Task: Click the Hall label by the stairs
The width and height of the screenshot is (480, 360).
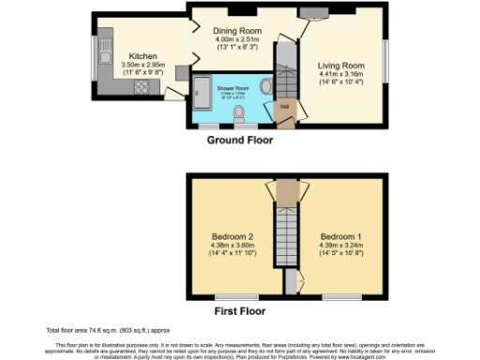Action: pyautogui.click(x=283, y=106)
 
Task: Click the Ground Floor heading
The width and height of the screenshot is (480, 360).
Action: pyautogui.click(x=240, y=140)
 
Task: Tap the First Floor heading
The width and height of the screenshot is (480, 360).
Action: pyautogui.click(x=239, y=311)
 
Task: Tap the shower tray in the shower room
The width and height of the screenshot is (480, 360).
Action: pyautogui.click(x=201, y=90)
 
